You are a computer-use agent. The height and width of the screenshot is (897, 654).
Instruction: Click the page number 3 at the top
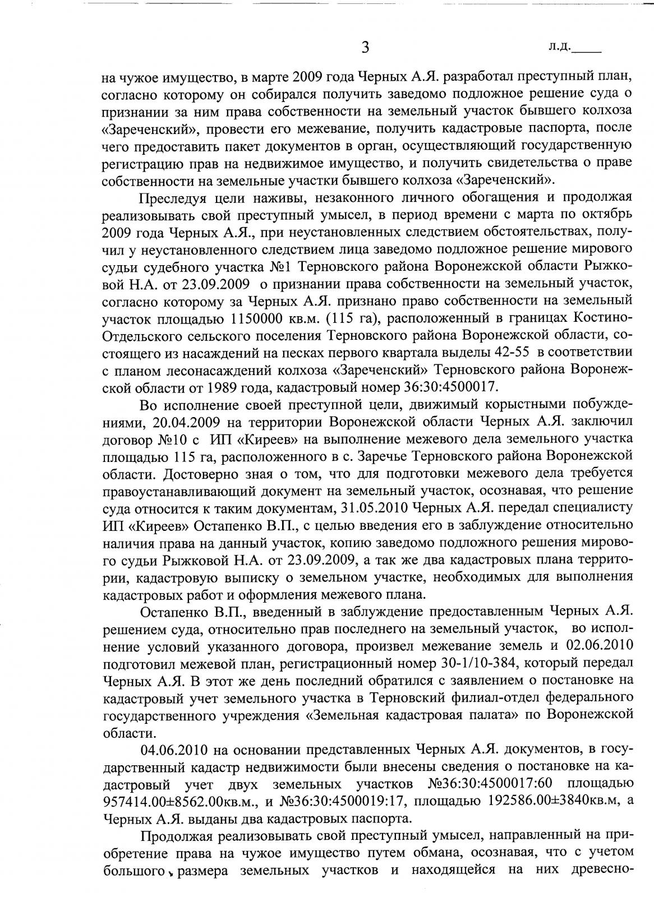coord(365,47)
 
